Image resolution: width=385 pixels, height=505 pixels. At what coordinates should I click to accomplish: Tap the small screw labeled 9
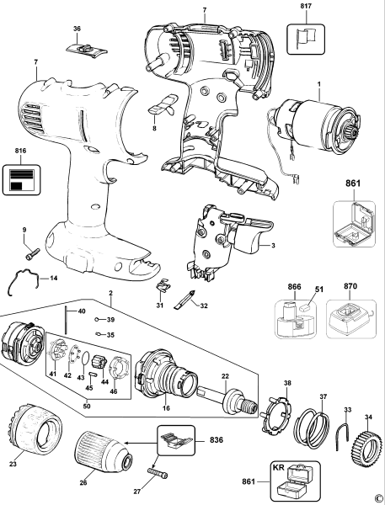pyautogui.click(x=31, y=250)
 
